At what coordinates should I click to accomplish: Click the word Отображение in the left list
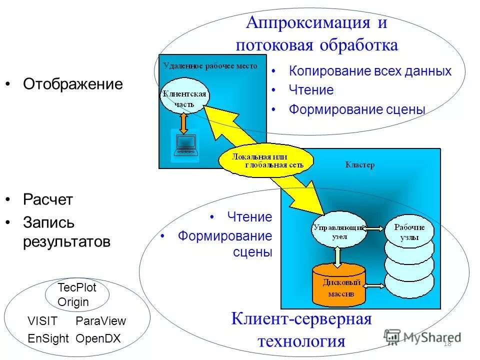(x=72, y=84)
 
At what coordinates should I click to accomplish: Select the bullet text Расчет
(x=48, y=200)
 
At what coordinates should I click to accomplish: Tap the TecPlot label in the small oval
(x=76, y=287)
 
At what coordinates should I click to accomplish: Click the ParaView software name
(x=100, y=321)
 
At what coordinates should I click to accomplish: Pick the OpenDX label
(x=98, y=338)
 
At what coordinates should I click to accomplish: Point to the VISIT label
(x=43, y=321)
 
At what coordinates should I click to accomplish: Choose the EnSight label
(x=48, y=338)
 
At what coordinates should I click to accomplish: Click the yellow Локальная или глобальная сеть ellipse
(x=267, y=160)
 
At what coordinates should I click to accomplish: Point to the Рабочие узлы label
(x=409, y=231)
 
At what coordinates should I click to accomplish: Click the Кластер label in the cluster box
(x=360, y=165)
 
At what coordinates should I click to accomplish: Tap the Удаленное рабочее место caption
(x=210, y=65)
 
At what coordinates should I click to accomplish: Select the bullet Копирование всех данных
(x=370, y=71)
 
